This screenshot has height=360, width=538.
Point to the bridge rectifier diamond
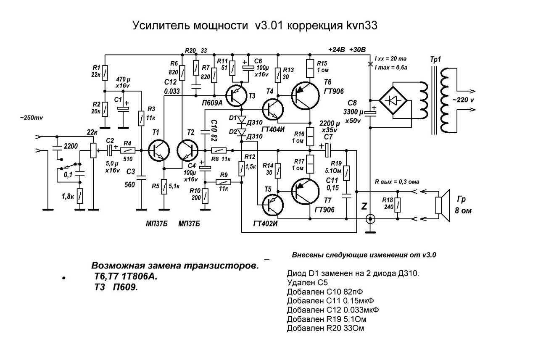393,100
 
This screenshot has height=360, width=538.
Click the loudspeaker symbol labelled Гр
440,205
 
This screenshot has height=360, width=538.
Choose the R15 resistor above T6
310,66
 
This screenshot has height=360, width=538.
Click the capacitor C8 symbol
370,112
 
